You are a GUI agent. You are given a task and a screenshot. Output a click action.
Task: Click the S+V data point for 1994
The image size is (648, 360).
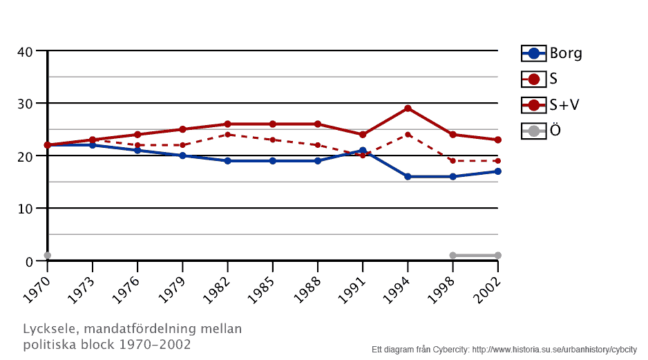point(408,108)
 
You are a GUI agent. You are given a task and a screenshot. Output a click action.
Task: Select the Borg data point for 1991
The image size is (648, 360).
point(363,151)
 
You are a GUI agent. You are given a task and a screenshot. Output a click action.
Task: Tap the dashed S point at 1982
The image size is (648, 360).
point(227,135)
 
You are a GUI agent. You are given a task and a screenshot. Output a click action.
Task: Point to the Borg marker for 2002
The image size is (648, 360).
point(497,171)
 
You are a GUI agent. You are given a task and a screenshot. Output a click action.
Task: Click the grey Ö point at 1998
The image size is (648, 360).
point(452,256)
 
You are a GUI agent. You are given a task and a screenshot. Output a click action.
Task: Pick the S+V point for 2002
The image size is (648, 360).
point(497,140)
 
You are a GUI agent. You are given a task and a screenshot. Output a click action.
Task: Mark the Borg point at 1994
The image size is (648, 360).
point(408,177)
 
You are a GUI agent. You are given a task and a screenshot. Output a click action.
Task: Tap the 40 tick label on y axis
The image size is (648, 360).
point(26,52)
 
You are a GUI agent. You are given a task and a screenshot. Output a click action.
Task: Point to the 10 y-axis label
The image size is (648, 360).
point(26,209)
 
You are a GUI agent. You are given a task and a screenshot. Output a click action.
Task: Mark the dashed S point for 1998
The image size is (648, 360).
point(452,161)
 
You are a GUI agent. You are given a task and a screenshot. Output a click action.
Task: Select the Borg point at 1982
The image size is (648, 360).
point(227,161)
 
